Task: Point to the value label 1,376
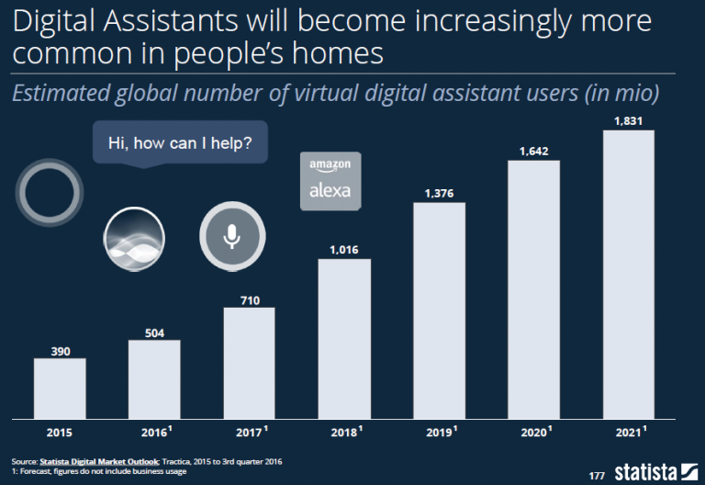click(x=439, y=193)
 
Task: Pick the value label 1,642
click(x=533, y=152)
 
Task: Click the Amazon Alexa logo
click(x=330, y=181)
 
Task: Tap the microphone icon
click(x=230, y=236)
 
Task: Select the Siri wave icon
click(x=136, y=238)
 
